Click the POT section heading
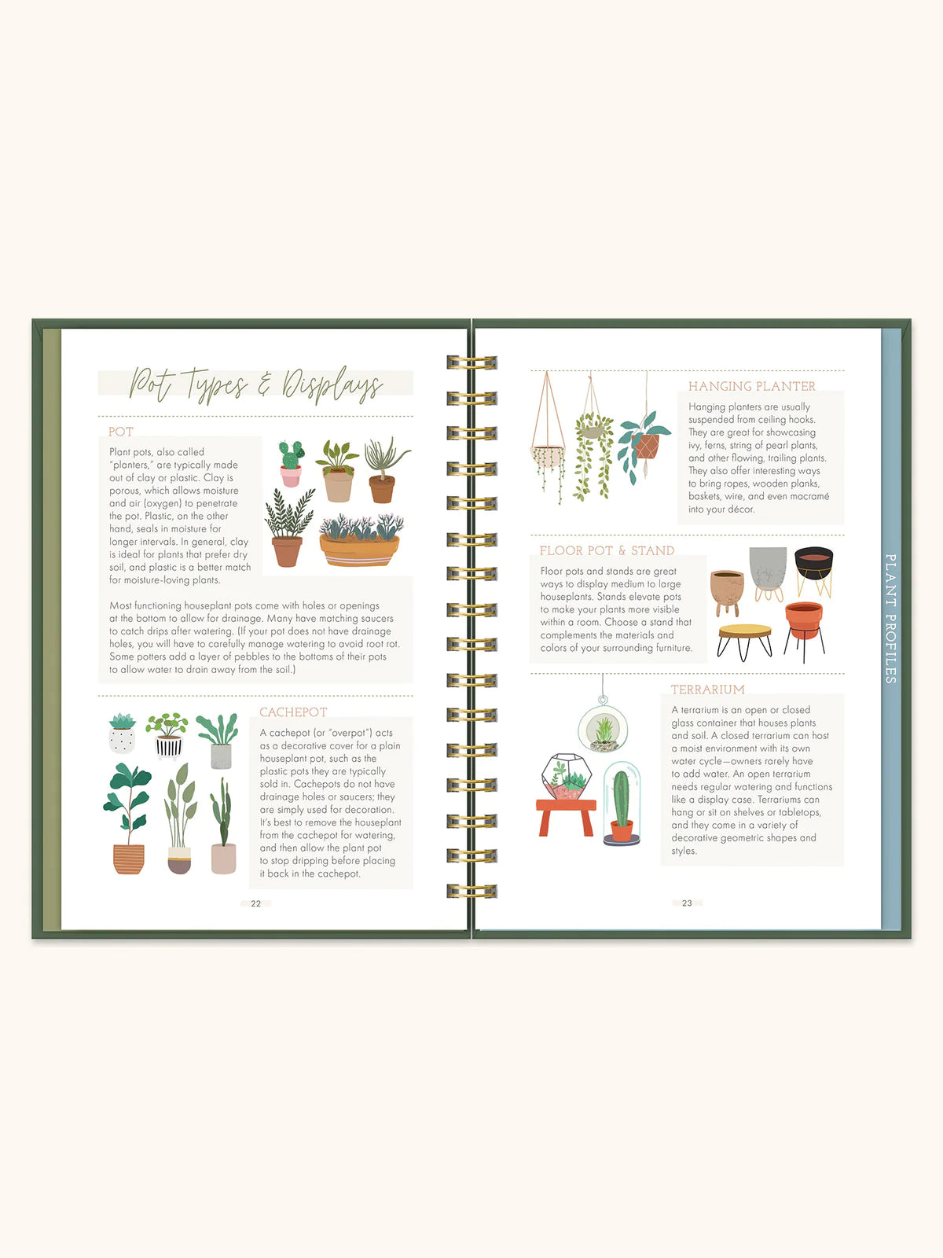[121, 432]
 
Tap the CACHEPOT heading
[293, 712]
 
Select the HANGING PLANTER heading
[752, 386]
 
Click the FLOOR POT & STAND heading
[607, 550]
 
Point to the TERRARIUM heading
[707, 690]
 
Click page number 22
[255, 903]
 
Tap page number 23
[687, 903]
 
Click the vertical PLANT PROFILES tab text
[890, 618]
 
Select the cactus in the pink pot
[291, 463]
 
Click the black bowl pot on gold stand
[813, 564]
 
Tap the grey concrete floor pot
[768, 567]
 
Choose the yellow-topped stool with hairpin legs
[744, 636]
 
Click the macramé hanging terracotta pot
[646, 445]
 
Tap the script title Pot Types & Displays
[255, 384]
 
